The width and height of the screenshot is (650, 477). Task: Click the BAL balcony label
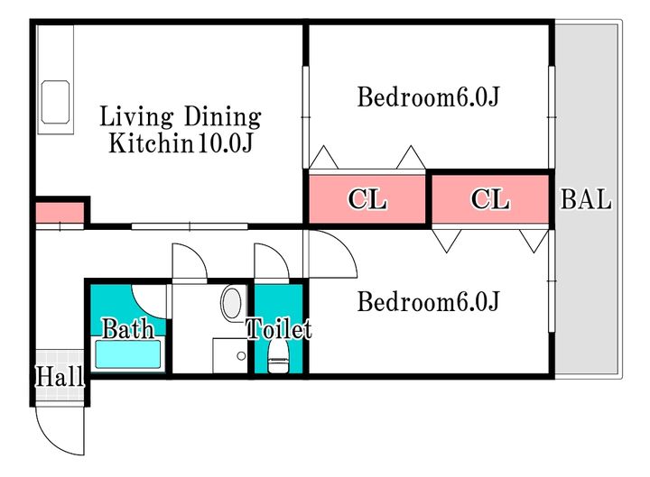pyautogui.click(x=586, y=200)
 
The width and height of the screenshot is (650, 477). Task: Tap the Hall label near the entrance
pyautogui.click(x=60, y=376)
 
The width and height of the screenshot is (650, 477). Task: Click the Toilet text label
pyautogui.click(x=279, y=329)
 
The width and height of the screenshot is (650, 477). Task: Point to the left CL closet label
pyautogui.click(x=368, y=200)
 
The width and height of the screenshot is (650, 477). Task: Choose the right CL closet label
pyautogui.click(x=490, y=200)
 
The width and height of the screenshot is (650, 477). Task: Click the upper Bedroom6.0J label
pyautogui.click(x=428, y=96)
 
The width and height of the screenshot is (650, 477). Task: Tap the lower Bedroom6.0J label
pyautogui.click(x=428, y=301)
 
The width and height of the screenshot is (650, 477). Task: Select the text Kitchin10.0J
pyautogui.click(x=180, y=142)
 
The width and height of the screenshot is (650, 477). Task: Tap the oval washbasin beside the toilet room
pyautogui.click(x=232, y=301)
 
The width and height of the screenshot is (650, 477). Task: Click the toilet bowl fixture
pyautogui.click(x=278, y=357)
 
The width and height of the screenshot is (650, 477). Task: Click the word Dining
pyautogui.click(x=222, y=116)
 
